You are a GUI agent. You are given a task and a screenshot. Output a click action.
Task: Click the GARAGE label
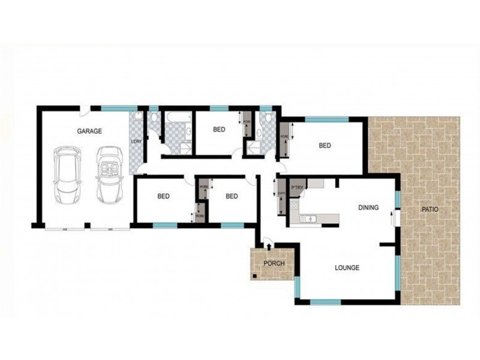click(x=89, y=131)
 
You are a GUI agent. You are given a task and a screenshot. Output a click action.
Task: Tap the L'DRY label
click(x=135, y=142)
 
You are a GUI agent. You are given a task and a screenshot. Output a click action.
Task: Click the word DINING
click(x=368, y=208)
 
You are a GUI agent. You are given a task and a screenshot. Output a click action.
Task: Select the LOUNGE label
click(x=347, y=268)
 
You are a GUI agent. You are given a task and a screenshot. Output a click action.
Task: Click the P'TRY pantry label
click(x=297, y=188)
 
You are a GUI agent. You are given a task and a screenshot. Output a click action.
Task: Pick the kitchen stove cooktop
click(x=294, y=206)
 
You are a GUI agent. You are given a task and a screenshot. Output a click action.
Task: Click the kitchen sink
click(x=310, y=218)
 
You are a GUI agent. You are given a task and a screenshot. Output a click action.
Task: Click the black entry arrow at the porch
click(x=268, y=242)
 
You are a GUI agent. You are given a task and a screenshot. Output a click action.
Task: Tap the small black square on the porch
click(x=254, y=276)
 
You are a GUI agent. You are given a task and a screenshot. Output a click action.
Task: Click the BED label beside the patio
click(x=325, y=145)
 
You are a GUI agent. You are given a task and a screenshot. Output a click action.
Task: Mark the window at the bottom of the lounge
click(x=326, y=301)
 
